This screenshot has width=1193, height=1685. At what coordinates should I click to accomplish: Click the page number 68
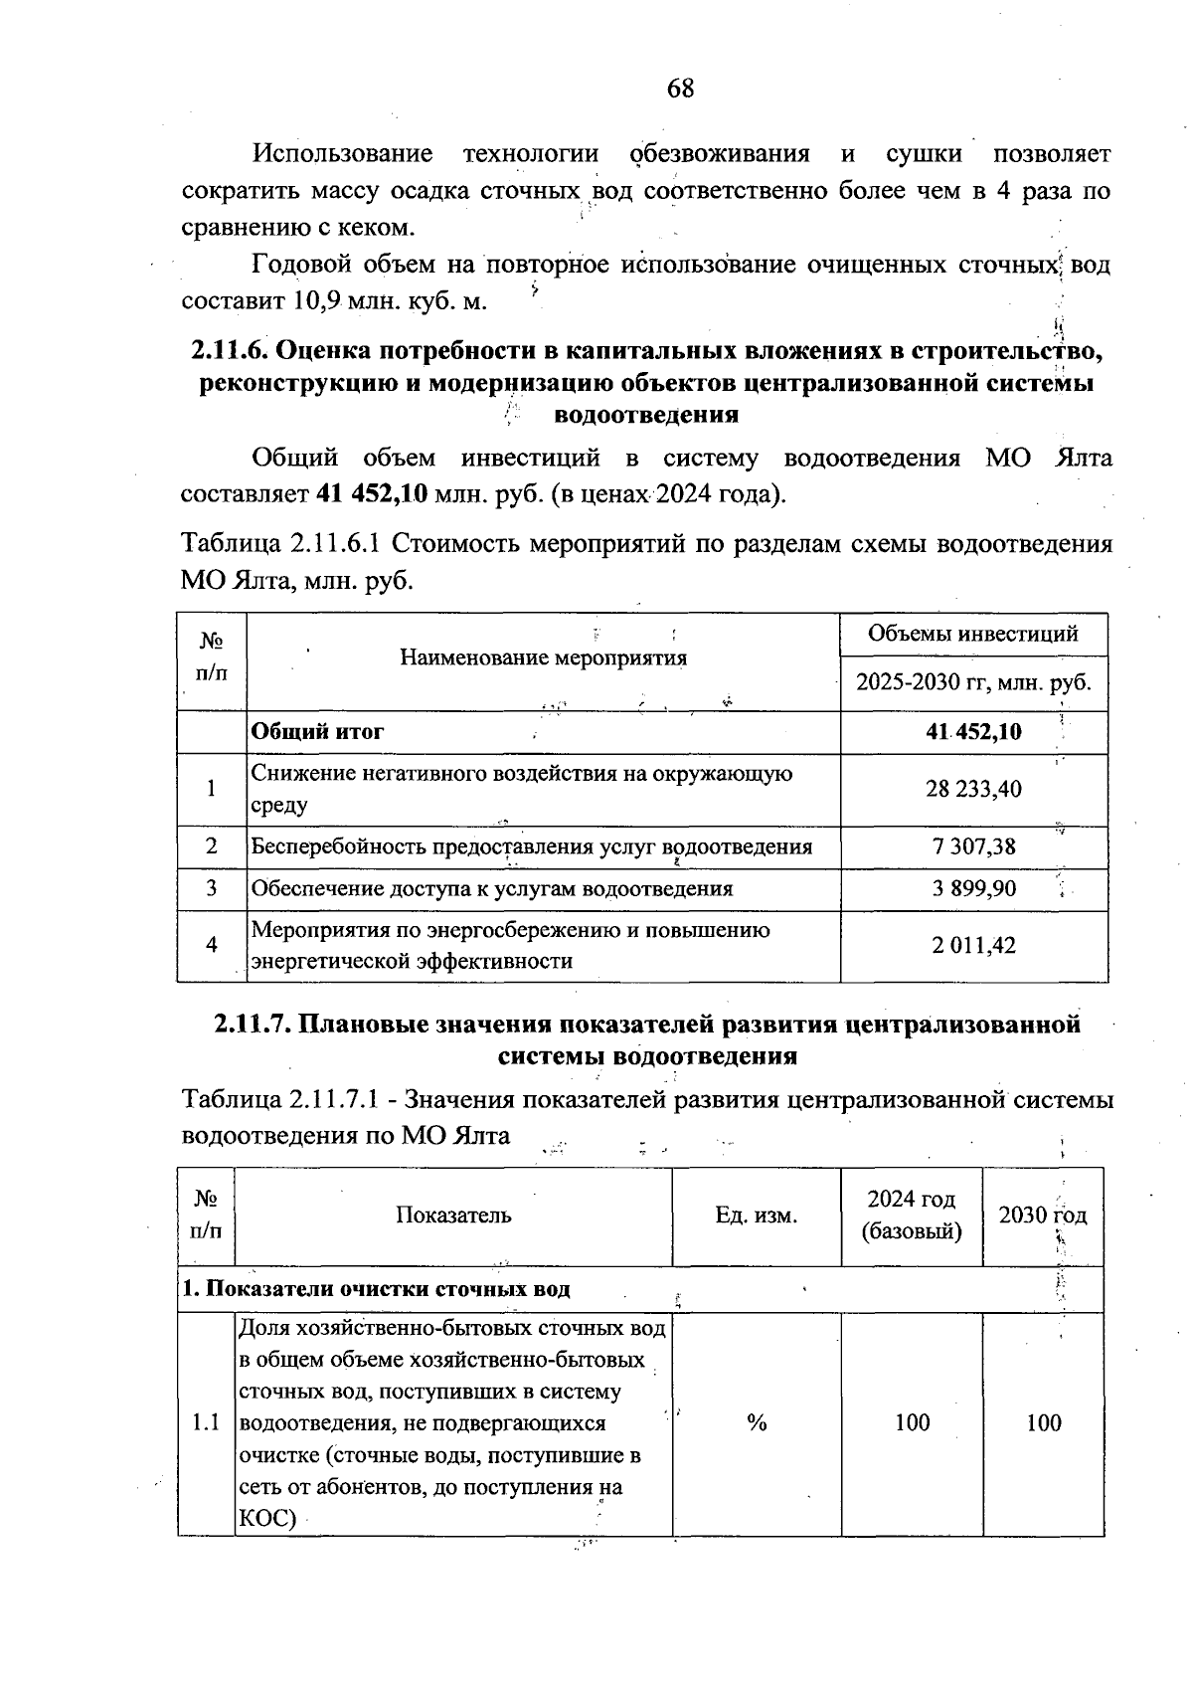[681, 89]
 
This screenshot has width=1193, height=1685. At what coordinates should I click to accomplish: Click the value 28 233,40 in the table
[973, 789]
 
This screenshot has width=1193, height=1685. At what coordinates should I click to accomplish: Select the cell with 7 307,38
[974, 846]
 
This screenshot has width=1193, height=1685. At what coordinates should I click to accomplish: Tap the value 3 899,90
[974, 888]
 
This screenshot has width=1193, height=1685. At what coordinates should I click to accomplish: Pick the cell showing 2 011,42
[973, 945]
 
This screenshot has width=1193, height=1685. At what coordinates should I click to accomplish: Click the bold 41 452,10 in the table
[973, 732]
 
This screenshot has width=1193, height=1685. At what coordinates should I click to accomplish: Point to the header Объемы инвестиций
[973, 634]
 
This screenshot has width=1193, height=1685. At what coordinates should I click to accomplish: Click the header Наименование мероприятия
[543, 657]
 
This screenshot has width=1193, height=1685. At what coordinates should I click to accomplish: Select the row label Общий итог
[317, 732]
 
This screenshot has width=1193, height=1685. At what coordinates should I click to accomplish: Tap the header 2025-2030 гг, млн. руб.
[973, 682]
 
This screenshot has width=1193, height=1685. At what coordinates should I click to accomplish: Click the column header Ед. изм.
[756, 1216]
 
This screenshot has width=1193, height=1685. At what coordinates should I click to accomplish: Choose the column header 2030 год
[1042, 1216]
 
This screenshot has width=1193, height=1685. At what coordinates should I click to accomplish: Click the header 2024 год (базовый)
[911, 1216]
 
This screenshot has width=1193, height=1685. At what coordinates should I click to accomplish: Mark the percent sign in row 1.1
[757, 1423]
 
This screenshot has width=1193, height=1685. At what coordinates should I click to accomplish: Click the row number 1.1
[206, 1423]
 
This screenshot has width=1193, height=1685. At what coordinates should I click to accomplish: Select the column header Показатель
[453, 1216]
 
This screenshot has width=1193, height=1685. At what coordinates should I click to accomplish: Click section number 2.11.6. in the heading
[228, 350]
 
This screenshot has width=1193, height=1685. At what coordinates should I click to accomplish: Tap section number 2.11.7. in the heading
[253, 1025]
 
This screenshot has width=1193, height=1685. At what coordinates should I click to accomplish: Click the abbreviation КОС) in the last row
[268, 1519]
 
